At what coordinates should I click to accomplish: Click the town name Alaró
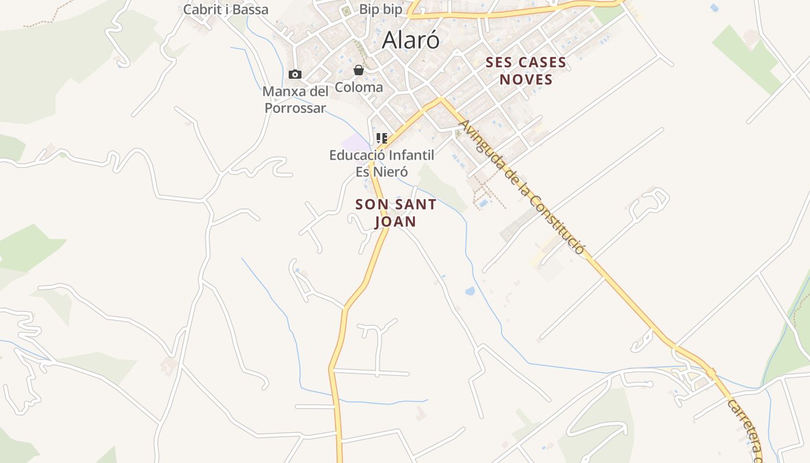click(x=411, y=40)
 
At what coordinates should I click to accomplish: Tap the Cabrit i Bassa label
click(x=226, y=9)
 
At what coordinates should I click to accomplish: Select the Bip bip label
click(x=381, y=9)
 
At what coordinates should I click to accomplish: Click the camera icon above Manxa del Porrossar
click(x=295, y=74)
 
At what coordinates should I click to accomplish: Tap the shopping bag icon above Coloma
click(x=359, y=70)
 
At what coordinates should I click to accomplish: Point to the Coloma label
click(x=359, y=87)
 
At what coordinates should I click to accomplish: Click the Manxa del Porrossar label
click(x=296, y=100)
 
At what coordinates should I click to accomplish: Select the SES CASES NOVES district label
click(x=525, y=71)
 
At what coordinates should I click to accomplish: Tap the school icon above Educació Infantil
click(x=381, y=138)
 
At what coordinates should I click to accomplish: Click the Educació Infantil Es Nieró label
click(x=381, y=163)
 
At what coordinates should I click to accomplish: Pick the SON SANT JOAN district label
click(x=396, y=213)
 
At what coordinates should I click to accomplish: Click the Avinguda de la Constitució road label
click(x=521, y=186)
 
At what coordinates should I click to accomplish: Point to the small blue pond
click(x=470, y=291)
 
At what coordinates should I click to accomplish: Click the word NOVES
click(x=526, y=79)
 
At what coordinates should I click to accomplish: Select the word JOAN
click(x=395, y=222)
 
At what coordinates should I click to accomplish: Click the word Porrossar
click(x=296, y=108)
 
